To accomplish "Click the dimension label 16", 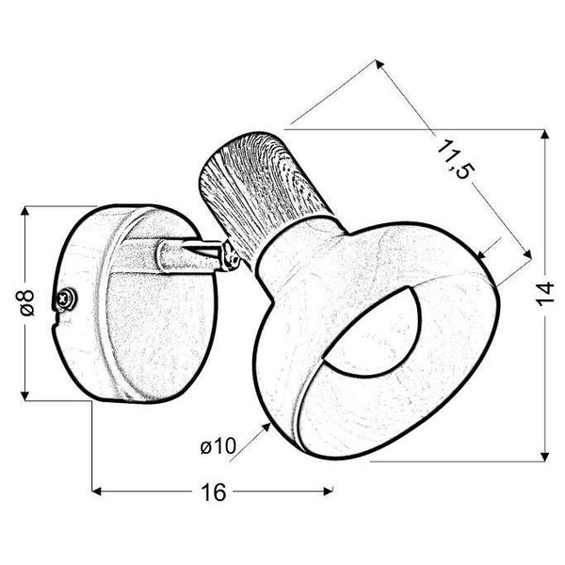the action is point(214,492).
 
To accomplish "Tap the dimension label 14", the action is point(544,294).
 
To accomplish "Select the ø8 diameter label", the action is point(27,302).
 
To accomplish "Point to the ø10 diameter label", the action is point(218,445).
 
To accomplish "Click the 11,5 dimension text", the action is point(454,159).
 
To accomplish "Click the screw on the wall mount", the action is point(66,299).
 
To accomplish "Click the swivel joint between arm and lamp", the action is point(231,256).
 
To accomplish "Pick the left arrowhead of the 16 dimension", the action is point(96,492).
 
